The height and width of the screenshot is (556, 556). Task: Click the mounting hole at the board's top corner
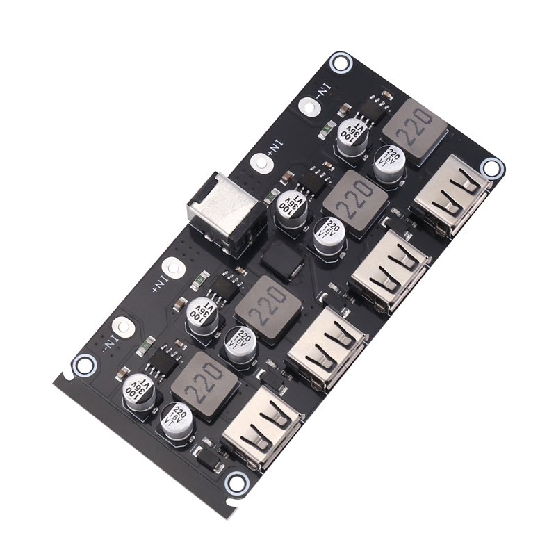point(341,62)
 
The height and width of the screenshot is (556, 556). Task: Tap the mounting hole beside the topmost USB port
point(491,167)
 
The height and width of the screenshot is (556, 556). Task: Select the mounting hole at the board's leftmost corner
point(84,363)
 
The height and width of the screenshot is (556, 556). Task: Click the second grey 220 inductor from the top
point(354,202)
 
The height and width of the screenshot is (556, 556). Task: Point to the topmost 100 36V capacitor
point(352,133)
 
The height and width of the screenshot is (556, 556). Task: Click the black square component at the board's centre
point(281,261)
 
